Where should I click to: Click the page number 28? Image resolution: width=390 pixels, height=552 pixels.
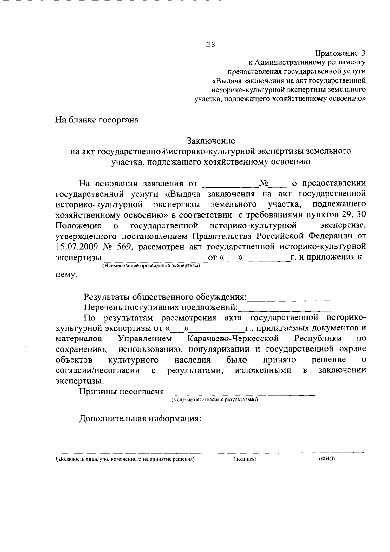click(x=210, y=45)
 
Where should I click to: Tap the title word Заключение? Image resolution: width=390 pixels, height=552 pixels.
click(x=211, y=141)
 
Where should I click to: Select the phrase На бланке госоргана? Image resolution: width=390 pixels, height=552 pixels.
click(x=97, y=120)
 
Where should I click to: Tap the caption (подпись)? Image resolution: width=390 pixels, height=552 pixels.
click(x=245, y=459)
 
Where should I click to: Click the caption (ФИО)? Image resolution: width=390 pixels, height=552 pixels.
click(x=327, y=459)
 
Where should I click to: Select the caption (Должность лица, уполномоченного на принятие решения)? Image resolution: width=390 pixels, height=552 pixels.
click(x=125, y=459)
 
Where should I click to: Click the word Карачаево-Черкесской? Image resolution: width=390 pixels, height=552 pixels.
click(x=233, y=339)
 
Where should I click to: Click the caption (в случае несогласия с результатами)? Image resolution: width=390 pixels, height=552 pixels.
click(x=215, y=400)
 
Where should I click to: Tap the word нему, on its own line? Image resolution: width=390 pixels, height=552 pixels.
click(x=67, y=276)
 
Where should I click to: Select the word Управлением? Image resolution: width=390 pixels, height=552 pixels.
click(x=145, y=339)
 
